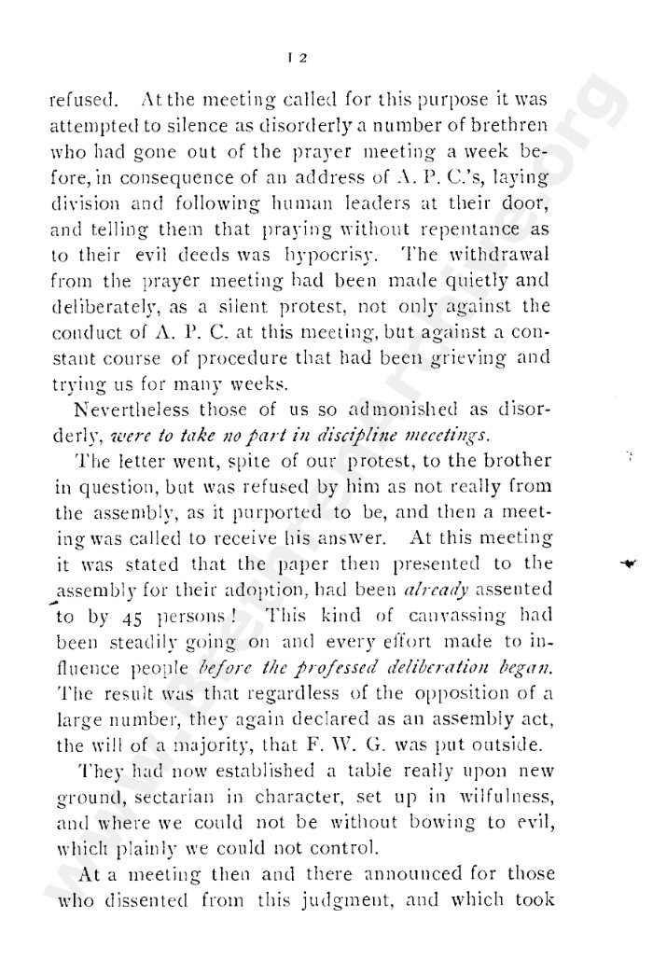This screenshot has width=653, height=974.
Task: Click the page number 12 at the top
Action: tap(301, 57)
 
